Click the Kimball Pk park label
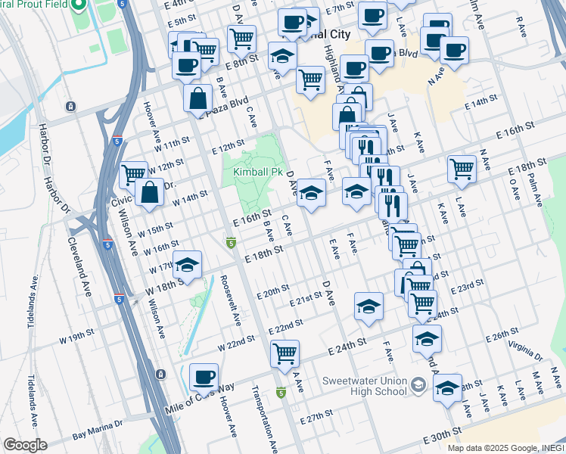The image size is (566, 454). point(253,173)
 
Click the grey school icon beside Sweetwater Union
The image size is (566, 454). point(418,387)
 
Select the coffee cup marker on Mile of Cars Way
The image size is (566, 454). point(204,377)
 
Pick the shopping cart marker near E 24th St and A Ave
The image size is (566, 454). point(285,353)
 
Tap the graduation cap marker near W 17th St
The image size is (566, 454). point(186,265)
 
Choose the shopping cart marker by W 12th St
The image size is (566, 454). point(134,174)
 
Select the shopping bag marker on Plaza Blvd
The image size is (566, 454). point(197,98)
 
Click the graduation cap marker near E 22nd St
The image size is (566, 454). point(369,306)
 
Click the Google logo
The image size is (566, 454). point(25,445)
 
